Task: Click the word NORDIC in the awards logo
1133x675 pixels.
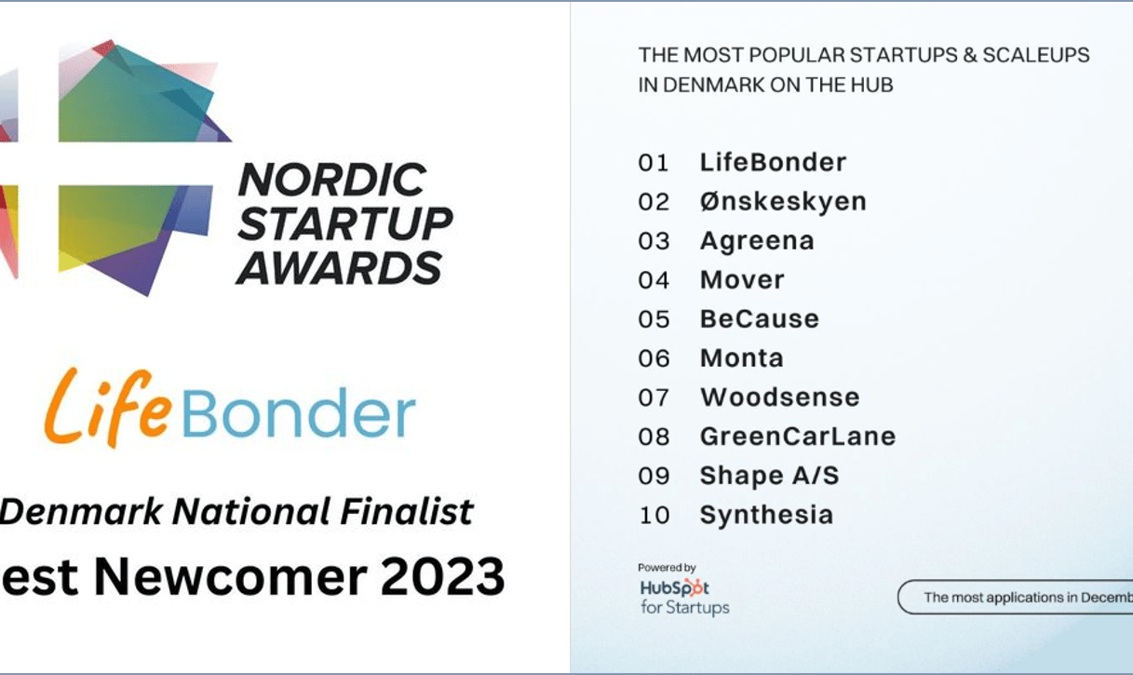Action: [332, 180]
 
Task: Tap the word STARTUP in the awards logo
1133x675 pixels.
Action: [345, 223]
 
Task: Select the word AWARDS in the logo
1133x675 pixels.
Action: [340, 268]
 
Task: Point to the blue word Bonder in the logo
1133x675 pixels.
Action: [299, 412]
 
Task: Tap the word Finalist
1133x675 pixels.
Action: [407, 511]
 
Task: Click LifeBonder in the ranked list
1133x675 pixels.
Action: [773, 162]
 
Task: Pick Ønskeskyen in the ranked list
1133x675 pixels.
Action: [783, 202]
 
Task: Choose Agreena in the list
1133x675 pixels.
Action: [757, 241]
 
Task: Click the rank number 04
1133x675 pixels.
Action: [654, 280]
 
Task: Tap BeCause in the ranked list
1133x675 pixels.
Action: [759, 319]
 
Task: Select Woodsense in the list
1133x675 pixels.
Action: [780, 398]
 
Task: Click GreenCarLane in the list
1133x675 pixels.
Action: [798, 436]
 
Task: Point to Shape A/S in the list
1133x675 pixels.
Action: [769, 476]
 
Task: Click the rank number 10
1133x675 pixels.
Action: [654, 515]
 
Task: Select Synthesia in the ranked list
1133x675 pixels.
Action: [766, 515]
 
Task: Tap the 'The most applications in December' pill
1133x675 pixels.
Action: [1015, 597]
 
